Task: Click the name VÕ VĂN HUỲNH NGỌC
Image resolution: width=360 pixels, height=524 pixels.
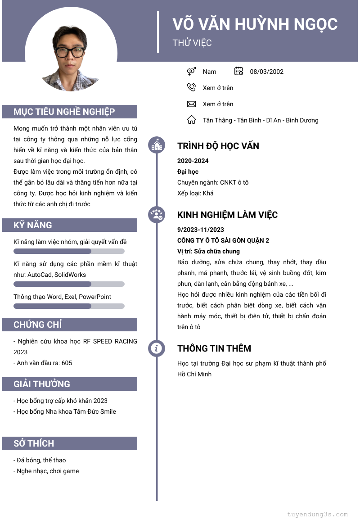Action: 255,23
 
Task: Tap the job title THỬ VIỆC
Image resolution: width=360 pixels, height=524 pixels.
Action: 192,43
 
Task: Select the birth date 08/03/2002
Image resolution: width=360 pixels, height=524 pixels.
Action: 266,72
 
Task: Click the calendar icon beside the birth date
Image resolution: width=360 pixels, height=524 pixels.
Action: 239,71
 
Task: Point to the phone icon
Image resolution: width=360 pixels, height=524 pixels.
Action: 191,87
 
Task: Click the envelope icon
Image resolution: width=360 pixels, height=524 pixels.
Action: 191,104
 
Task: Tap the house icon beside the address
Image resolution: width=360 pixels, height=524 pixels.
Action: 191,120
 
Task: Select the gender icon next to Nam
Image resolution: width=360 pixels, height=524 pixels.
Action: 191,71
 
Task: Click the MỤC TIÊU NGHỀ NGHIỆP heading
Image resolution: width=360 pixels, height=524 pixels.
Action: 64,112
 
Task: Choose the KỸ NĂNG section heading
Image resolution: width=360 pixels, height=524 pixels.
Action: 33,225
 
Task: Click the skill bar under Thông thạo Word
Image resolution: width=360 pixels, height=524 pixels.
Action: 69,306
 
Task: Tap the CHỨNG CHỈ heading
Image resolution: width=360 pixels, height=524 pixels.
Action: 38,325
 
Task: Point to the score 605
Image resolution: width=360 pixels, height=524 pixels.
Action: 67,363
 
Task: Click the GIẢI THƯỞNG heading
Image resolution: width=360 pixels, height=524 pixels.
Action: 42,384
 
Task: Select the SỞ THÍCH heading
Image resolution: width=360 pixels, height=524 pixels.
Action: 34,443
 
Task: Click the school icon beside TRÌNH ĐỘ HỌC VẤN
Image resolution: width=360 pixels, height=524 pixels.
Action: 157,145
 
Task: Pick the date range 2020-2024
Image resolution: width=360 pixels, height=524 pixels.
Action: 193,161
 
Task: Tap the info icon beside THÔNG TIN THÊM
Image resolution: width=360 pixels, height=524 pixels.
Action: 157,348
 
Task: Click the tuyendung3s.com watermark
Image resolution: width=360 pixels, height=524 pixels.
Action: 317,514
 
